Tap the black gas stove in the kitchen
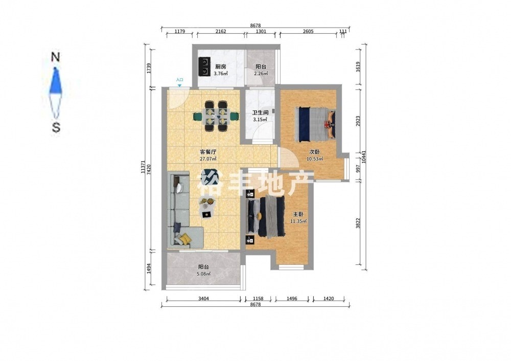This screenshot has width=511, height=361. click(204, 66)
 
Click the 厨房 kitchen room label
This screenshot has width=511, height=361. click(221, 67)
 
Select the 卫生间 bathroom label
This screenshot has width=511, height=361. click(261, 113)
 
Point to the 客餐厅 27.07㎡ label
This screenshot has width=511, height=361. click(208, 155)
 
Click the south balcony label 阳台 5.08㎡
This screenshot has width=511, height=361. click(204, 270)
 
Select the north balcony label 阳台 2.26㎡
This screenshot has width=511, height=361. click(261, 70)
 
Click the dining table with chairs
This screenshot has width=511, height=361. click(216, 116)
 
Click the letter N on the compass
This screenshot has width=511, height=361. click(56, 57)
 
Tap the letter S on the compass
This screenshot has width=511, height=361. click(56, 127)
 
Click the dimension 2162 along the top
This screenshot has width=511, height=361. click(221, 32)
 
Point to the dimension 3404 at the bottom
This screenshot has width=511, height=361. click(204, 299)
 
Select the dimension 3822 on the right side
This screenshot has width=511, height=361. click(358, 223)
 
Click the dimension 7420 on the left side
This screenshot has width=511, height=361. click(149, 170)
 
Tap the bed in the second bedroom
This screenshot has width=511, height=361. click(315, 124)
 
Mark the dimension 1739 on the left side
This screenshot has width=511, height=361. click(149, 68)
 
